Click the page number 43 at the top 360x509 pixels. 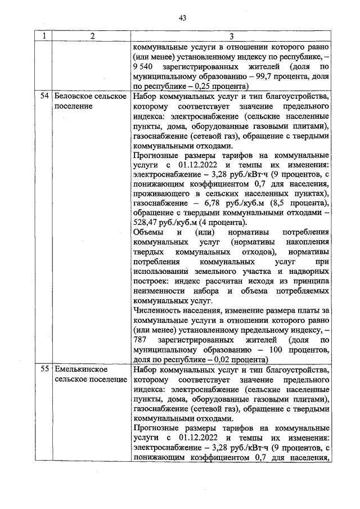coord(182,18)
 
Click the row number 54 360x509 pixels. coord(44,96)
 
